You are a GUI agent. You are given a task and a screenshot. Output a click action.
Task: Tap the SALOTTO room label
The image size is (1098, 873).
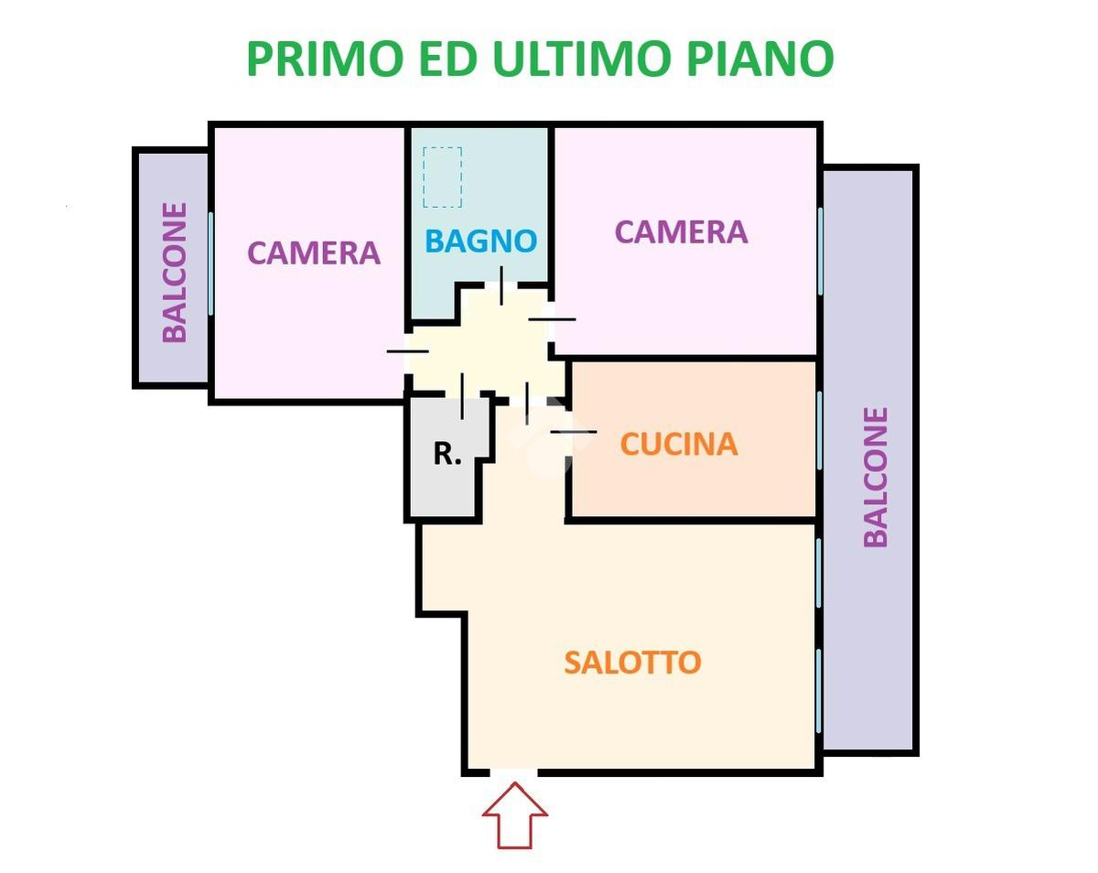[x=632, y=662]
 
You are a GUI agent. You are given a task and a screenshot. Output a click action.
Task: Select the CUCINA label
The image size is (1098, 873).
[x=678, y=444]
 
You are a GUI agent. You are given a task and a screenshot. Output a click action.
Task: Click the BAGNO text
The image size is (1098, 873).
[x=480, y=242]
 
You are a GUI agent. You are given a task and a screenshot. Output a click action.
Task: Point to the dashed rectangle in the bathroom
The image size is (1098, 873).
[x=443, y=178]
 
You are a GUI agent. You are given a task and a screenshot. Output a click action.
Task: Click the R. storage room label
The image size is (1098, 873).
[x=447, y=453]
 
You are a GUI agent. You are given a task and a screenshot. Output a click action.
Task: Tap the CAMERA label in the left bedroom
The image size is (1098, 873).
[x=314, y=253]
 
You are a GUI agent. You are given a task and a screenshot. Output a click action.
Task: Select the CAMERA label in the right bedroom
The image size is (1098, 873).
[x=681, y=232]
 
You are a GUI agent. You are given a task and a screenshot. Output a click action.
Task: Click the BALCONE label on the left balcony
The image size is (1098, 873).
[x=174, y=273]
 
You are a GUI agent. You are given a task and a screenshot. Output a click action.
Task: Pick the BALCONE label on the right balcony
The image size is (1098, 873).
[x=876, y=477]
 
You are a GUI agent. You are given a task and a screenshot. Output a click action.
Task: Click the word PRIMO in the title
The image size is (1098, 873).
[x=324, y=59]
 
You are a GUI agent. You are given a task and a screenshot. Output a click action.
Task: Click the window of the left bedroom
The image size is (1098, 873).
[x=211, y=263]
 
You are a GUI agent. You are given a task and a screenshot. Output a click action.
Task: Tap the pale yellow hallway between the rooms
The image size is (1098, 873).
[x=485, y=348]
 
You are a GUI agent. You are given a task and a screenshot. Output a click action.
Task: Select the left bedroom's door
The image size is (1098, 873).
[x=407, y=350]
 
